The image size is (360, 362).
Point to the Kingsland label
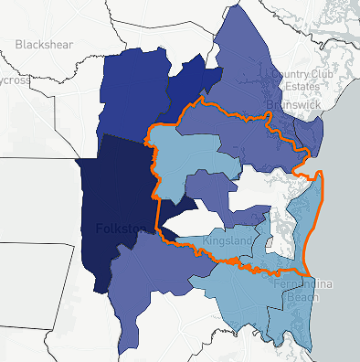(228, 240)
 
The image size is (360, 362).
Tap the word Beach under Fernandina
(285, 299)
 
